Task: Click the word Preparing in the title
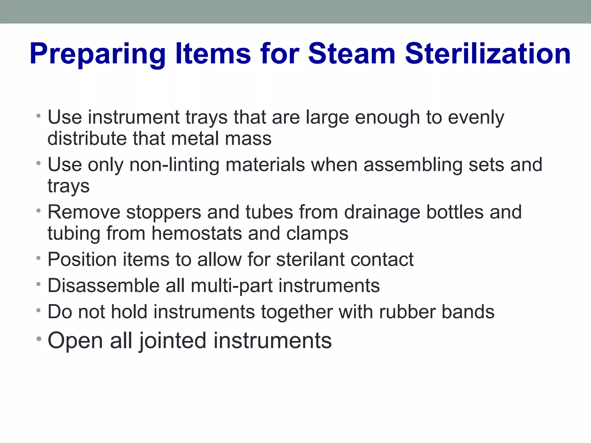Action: point(98,54)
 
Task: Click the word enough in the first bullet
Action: point(387,118)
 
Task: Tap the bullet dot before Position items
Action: point(39,258)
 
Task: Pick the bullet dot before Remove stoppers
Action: point(39,211)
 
